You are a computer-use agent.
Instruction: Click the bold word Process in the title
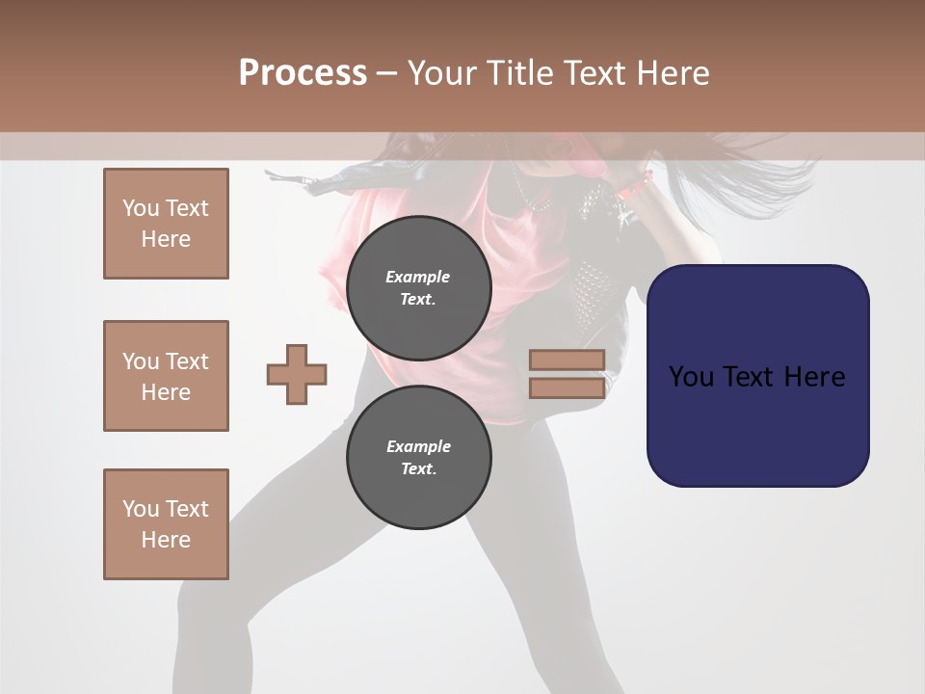303,72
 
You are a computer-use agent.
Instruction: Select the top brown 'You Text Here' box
166,224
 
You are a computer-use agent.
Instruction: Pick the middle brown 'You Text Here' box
166,376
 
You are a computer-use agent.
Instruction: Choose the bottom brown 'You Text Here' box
166,524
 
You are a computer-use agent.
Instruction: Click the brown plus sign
297,375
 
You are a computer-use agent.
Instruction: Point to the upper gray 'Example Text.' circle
418,288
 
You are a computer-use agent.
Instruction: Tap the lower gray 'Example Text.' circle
418,458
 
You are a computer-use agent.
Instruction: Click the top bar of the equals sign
567,360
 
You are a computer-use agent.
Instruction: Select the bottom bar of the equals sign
567,387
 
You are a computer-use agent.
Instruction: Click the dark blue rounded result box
757,424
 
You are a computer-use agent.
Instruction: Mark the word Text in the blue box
751,376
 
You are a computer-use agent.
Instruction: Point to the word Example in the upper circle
418,277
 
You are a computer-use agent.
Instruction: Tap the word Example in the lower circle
418,446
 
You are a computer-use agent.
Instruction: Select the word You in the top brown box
141,208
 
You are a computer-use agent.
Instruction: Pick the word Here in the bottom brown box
166,540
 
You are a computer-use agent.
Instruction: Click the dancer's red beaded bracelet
635,184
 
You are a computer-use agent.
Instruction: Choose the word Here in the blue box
813,376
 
